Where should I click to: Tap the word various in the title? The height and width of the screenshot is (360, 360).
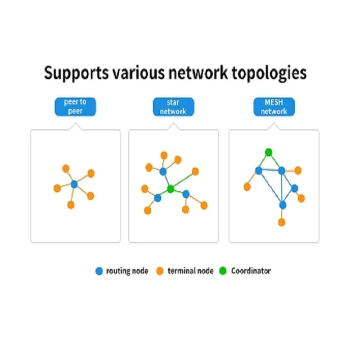136,72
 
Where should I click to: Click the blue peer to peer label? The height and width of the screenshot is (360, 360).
75,106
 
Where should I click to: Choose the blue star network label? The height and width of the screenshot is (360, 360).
173,106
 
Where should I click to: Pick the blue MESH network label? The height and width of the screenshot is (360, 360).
274,106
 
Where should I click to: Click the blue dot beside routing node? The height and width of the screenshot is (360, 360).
99,271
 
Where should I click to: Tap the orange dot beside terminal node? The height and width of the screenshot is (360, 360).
160,271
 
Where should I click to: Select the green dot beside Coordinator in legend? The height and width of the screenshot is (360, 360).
223,271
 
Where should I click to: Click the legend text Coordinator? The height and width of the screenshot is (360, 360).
251,271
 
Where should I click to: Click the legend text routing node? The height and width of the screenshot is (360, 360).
127,271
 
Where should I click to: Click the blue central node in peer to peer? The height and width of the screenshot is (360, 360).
75,184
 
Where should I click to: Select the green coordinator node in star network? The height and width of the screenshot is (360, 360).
171,189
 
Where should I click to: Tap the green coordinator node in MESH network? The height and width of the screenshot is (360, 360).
269,152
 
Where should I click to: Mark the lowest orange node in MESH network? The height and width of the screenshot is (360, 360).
282,222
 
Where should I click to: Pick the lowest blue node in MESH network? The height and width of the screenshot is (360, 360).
283,205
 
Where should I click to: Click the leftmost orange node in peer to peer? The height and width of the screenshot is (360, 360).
57,188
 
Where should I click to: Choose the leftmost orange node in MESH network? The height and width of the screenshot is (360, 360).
247,186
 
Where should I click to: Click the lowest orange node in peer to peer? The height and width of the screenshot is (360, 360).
71,205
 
